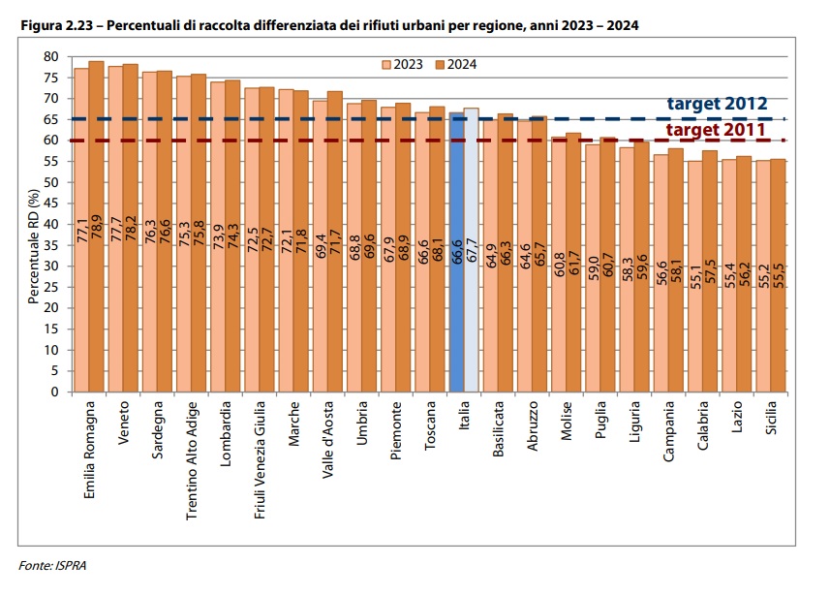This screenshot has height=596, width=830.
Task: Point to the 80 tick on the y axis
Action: [51, 57]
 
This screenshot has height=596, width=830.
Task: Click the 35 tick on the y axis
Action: [51, 245]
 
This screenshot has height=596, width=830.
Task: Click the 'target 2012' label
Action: [717, 104]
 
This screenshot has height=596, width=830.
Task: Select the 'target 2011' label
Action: [717, 130]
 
